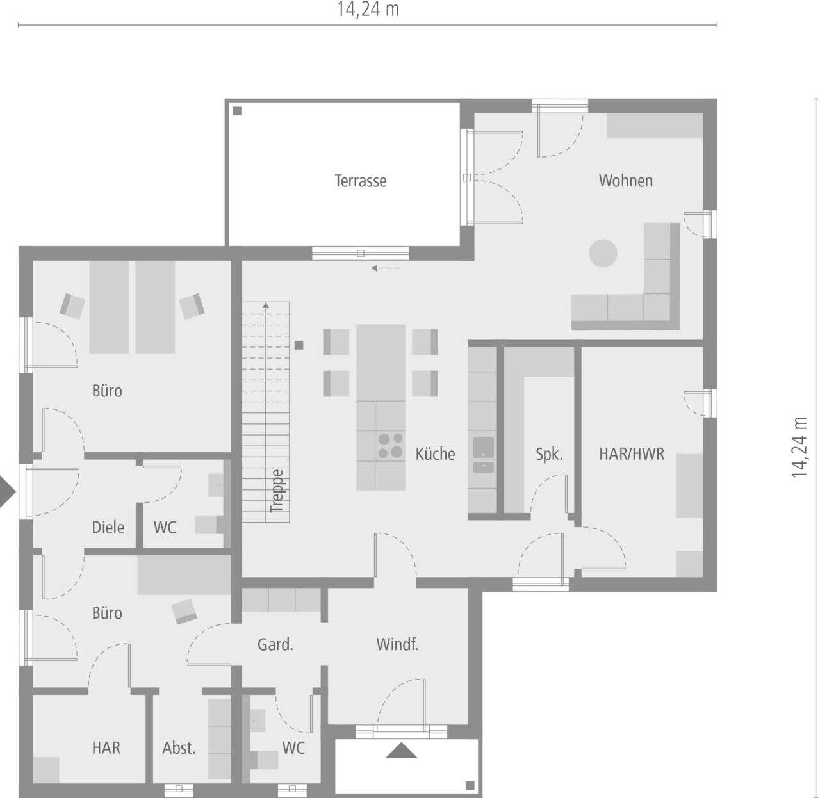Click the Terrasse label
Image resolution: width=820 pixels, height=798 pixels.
coord(360,181)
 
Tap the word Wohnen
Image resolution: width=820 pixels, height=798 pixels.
coord(625,181)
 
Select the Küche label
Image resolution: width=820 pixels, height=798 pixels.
coord(435,454)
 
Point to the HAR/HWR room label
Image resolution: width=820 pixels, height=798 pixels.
coord(631,454)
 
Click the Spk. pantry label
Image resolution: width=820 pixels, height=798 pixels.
coord(549,455)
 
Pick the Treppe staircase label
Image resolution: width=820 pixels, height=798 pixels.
coord(277,491)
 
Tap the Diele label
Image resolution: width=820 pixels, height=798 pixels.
coord(108,528)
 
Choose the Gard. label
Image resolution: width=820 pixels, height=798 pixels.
coord(275,644)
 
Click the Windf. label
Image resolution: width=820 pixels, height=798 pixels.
coord(397,644)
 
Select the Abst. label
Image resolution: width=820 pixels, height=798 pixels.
coord(179,747)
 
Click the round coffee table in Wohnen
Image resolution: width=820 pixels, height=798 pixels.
coord(603,253)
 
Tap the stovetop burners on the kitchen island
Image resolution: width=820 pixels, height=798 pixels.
coord(390,445)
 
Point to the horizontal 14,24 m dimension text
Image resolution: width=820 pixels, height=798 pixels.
coord(368,10)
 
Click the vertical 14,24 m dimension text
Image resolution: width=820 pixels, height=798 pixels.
coord(799,447)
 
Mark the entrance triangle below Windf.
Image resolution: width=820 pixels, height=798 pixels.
coord(402,750)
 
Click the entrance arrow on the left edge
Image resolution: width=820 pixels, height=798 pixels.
coord(6,492)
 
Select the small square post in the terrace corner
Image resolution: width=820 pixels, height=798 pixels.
coord(237,111)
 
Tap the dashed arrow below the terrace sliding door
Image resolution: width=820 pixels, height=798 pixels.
coord(386,268)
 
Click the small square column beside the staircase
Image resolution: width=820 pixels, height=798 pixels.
coord(299,345)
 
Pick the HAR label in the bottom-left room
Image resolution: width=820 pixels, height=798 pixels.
coord(106,747)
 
